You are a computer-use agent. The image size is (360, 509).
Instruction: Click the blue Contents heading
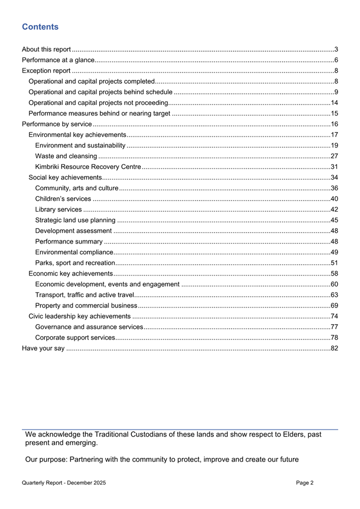pyautogui.click(x=41, y=27)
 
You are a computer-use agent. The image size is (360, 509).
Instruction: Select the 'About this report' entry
pyautogui.click(x=46, y=50)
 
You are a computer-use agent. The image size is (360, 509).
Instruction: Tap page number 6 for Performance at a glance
pyautogui.click(x=335, y=60)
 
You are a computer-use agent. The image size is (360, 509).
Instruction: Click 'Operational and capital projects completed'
pyautogui.click(x=91, y=82)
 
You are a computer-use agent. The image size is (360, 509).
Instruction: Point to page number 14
pyautogui.click(x=334, y=103)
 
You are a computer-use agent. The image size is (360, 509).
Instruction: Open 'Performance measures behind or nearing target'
pyautogui.click(x=99, y=114)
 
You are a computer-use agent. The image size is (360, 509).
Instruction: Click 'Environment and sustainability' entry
pyautogui.click(x=80, y=146)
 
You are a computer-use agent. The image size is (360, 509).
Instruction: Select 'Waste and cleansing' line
pyautogui.click(x=66, y=156)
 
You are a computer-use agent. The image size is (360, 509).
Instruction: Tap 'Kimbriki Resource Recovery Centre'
pyautogui.click(x=87, y=167)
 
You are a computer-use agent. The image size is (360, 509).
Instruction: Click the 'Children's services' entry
pyautogui.click(x=63, y=199)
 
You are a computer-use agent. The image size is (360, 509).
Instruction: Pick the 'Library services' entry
pyautogui.click(x=58, y=209)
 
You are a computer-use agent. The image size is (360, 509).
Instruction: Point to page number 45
pyautogui.click(x=334, y=220)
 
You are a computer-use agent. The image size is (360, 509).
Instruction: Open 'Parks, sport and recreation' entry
pyautogui.click(x=75, y=263)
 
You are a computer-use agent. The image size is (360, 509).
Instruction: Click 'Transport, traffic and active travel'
pyautogui.click(x=84, y=295)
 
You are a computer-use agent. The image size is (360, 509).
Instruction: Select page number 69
pyautogui.click(x=334, y=305)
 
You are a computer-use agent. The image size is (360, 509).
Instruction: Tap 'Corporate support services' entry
pyautogui.click(x=75, y=337)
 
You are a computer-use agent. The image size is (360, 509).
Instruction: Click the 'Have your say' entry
pyautogui.click(x=43, y=348)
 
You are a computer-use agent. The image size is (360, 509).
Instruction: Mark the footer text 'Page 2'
pyautogui.click(x=305, y=483)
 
